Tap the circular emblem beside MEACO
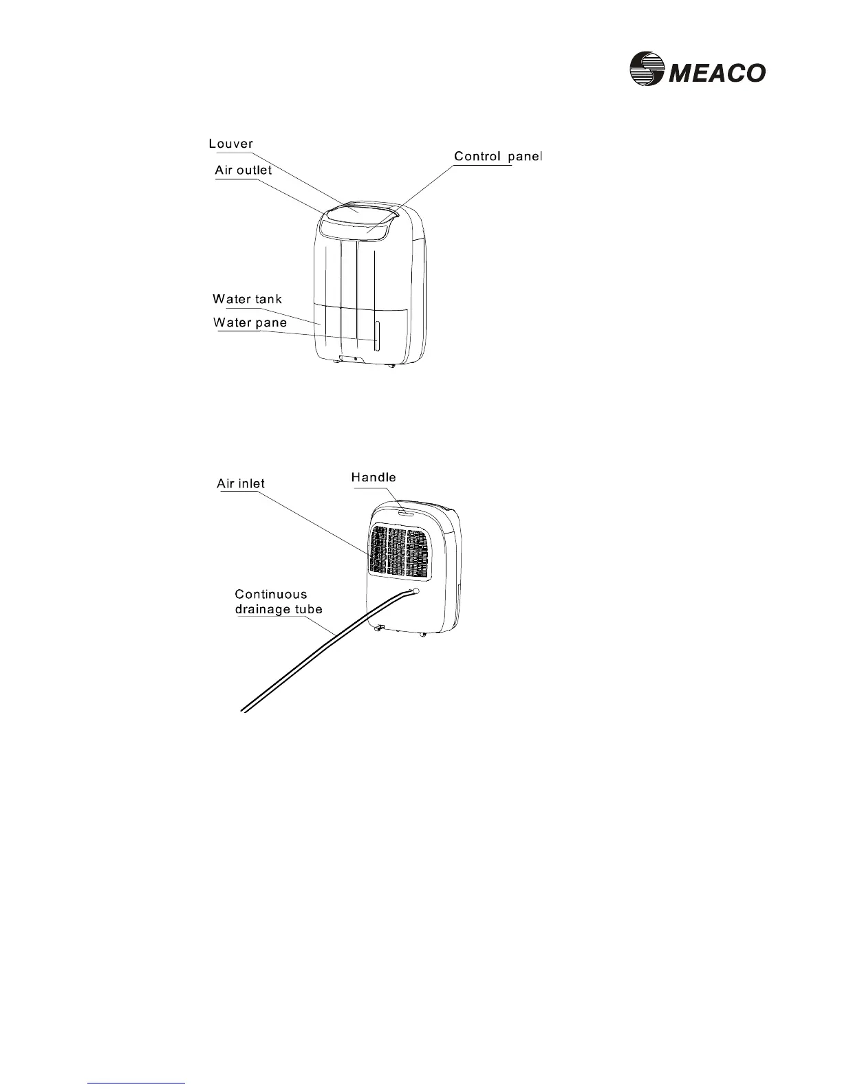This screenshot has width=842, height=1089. [645, 70]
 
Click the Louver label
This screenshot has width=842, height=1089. [230, 144]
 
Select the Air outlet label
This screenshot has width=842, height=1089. [243, 170]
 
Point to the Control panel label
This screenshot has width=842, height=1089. [498, 157]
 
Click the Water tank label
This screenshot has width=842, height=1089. [247, 300]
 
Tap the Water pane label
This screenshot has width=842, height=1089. [250, 322]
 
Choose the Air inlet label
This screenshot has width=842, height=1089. [241, 483]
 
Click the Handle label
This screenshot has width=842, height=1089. [374, 477]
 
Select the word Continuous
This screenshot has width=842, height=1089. [271, 595]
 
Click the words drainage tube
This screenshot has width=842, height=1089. [278, 609]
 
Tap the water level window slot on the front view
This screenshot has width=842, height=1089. [376, 335]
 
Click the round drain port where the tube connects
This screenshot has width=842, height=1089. [415, 591]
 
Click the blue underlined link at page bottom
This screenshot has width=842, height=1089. [137, 1083]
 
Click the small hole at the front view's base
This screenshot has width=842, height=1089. [355, 359]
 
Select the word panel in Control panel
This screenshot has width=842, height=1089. [526, 157]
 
